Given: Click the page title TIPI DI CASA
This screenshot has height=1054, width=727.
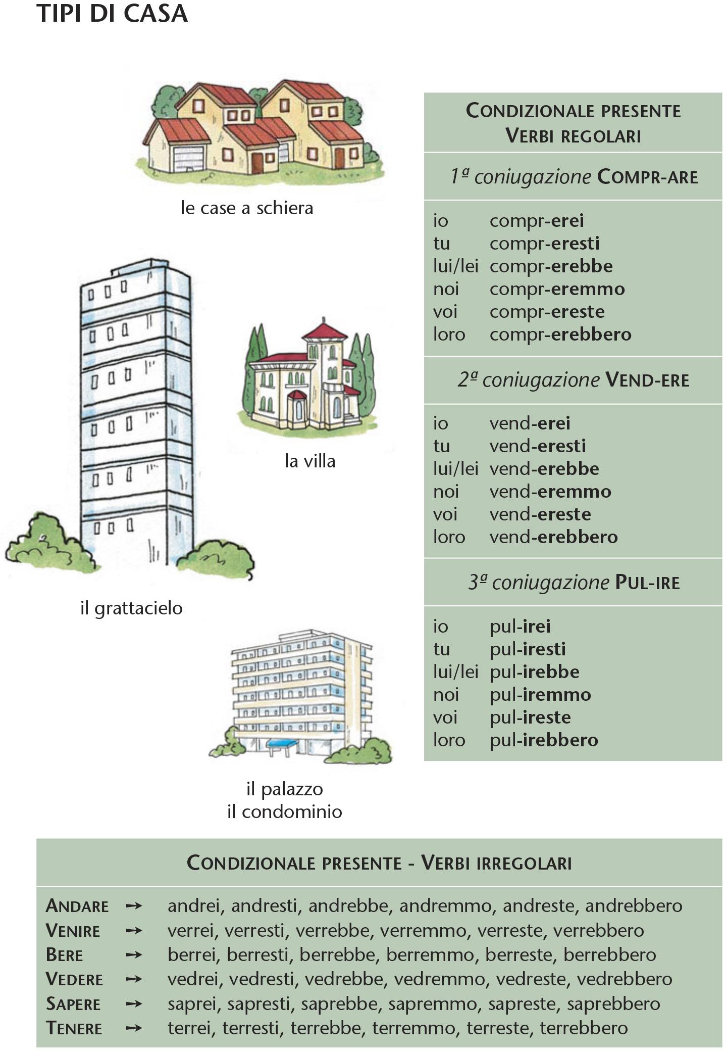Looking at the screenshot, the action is pyautogui.click(x=112, y=14).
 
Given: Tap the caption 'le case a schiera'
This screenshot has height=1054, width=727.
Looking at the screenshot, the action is pyautogui.click(x=247, y=208).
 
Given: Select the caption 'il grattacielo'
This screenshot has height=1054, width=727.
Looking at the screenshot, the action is pyautogui.click(x=131, y=608).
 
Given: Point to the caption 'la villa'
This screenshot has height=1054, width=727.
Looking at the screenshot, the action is pyautogui.click(x=310, y=461).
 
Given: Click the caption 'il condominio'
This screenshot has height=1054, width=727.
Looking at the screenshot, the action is pyautogui.click(x=285, y=811).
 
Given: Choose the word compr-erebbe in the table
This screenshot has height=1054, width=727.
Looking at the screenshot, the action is pyautogui.click(x=551, y=266).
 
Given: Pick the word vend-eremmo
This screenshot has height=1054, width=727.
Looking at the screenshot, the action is pyautogui.click(x=550, y=492).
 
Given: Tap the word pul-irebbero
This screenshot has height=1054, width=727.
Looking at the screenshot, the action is pyautogui.click(x=544, y=740).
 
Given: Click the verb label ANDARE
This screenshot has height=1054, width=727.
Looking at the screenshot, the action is pyautogui.click(x=77, y=906).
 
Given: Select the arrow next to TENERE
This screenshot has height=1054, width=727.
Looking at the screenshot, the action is pyautogui.click(x=134, y=1028).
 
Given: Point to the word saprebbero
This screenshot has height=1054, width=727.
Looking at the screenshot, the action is pyautogui.click(x=613, y=1003).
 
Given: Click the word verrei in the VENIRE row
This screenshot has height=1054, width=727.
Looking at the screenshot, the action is pyautogui.click(x=191, y=930).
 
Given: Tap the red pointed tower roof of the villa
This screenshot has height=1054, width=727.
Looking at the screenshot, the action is pyautogui.click(x=324, y=331).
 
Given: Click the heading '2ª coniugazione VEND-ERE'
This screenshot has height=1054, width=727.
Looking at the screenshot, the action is pyautogui.click(x=573, y=380).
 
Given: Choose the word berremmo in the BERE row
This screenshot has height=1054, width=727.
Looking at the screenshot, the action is pyautogui.click(x=430, y=954).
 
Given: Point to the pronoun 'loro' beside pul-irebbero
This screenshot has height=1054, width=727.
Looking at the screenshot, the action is pyautogui.click(x=449, y=740).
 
